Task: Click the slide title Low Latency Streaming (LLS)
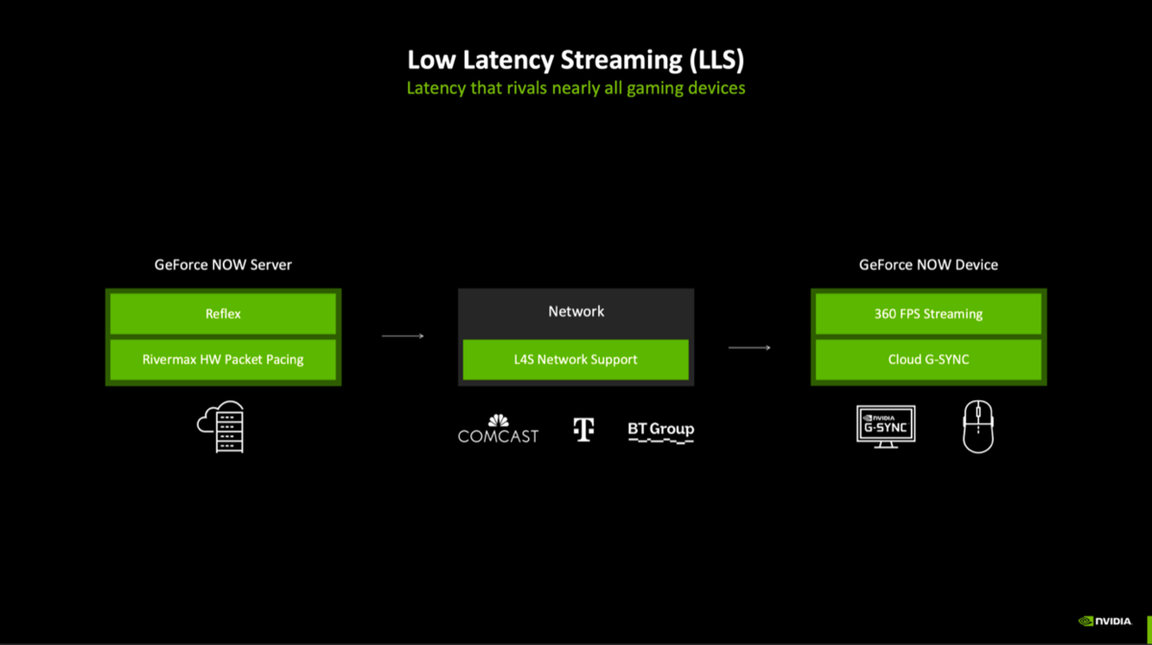tap(575, 60)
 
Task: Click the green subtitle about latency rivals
tap(575, 88)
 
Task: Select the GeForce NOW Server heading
tap(223, 264)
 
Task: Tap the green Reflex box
tap(223, 314)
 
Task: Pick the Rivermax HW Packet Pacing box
tap(223, 360)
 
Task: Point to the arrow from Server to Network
tap(402, 336)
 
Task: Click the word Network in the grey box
tap(576, 311)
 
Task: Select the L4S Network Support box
tap(576, 360)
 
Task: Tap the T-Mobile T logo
tap(584, 429)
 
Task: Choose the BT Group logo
tap(660, 431)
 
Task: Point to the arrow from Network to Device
tap(749, 347)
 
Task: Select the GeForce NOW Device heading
tap(928, 264)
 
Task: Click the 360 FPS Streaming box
tap(928, 314)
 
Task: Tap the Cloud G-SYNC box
tap(928, 360)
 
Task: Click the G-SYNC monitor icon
tap(886, 426)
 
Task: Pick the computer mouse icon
tap(978, 427)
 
